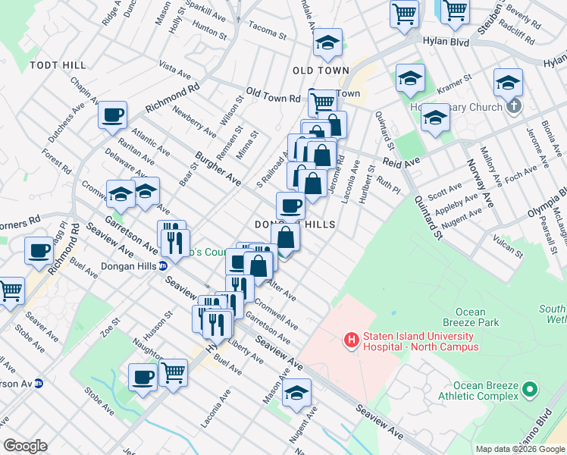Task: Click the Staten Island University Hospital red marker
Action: [x=352, y=341]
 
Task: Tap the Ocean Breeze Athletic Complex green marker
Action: [x=530, y=391]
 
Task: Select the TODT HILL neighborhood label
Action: [x=58, y=65]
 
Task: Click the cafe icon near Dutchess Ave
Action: [x=112, y=116]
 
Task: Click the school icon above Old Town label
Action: [x=327, y=43]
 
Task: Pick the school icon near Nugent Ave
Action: [x=296, y=392]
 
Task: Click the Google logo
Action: [x=25, y=446]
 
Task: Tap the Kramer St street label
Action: [x=456, y=78]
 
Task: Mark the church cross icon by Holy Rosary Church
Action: [x=515, y=106]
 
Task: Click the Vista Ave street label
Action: [x=175, y=72]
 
